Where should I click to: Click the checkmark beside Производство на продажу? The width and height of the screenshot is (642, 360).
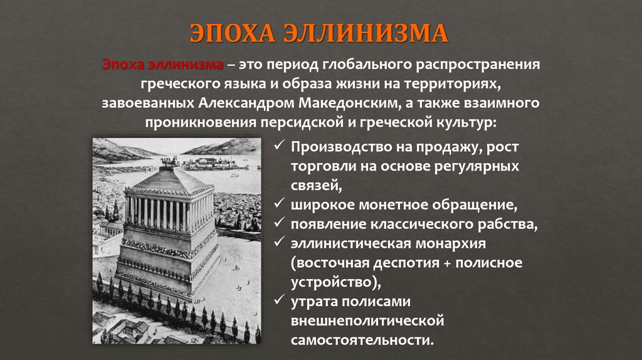point(279,149)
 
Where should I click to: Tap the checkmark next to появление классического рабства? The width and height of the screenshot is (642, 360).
point(279,223)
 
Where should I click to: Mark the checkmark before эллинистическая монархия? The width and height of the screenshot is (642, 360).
point(279,242)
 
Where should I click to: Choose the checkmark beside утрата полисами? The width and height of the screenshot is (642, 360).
point(279,301)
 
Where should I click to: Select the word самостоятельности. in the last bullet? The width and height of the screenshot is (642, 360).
point(362,341)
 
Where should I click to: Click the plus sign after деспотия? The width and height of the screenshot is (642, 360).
point(450,263)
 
